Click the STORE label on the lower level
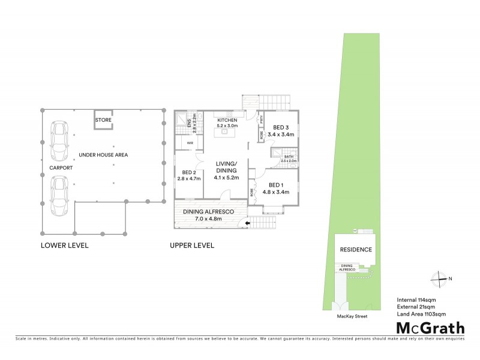click(103, 121)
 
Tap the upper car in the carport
click(59, 141)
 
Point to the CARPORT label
click(61, 168)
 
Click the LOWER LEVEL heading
click(64, 245)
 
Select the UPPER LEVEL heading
click(192, 245)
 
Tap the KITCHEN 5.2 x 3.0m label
click(227, 124)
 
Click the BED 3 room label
click(281, 131)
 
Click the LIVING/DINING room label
click(227, 170)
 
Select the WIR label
click(190, 143)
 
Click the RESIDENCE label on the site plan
click(356, 250)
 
